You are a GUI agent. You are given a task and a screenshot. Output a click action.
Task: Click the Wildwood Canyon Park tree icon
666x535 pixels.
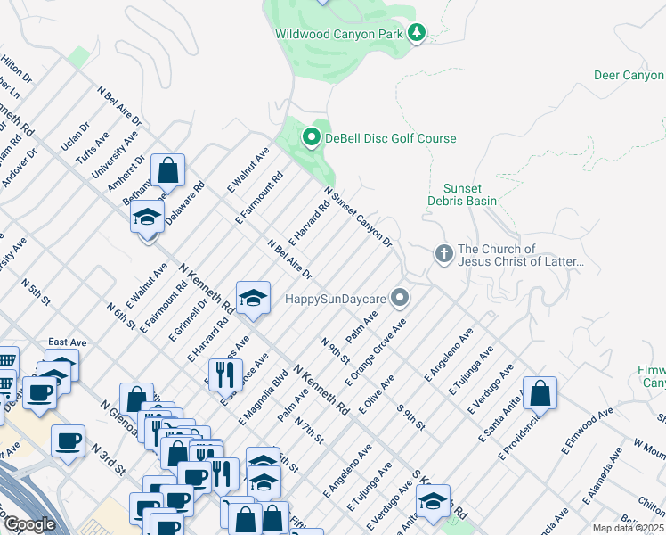[x=416, y=33]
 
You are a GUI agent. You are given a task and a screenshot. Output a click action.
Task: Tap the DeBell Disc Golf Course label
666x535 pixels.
[x=390, y=138]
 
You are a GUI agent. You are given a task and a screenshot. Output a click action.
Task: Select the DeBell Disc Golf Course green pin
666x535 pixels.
[x=311, y=137]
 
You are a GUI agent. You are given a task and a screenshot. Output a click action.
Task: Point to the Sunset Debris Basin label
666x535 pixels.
[x=469, y=194]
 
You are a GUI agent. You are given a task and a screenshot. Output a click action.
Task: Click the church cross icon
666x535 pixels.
[x=443, y=254]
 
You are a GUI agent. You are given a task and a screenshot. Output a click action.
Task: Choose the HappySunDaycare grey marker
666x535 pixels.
[x=401, y=297]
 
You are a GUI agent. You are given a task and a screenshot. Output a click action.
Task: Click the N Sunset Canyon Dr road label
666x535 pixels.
[x=358, y=217]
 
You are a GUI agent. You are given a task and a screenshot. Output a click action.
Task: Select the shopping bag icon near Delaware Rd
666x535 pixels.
[x=167, y=169]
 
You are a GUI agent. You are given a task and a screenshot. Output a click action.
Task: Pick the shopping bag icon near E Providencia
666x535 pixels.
[x=540, y=392]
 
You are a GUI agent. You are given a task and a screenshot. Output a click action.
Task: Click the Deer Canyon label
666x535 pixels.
[x=629, y=76]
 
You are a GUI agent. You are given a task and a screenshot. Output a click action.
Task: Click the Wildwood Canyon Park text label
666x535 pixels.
[x=338, y=34]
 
